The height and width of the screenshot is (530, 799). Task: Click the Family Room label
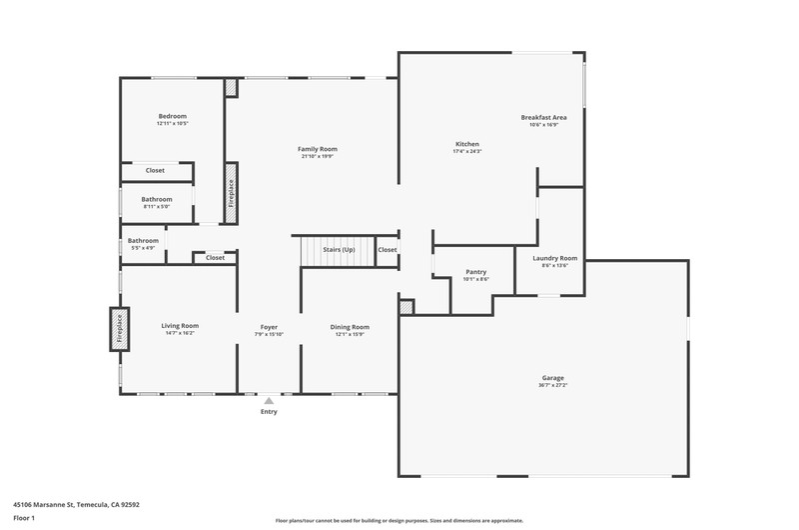pyautogui.click(x=318, y=149)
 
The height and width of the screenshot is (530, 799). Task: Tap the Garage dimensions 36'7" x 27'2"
pyautogui.click(x=553, y=385)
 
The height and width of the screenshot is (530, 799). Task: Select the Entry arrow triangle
pyautogui.click(x=269, y=400)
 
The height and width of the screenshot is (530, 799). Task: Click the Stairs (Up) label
pyautogui.click(x=339, y=249)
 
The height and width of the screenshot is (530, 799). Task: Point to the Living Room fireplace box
pyautogui.click(x=120, y=329)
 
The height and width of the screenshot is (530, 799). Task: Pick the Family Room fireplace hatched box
pyautogui.click(x=232, y=193)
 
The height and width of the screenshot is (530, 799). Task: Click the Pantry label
pyautogui.click(x=476, y=272)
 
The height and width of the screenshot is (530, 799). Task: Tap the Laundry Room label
pyautogui.click(x=555, y=258)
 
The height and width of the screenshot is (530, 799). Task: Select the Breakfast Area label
pyautogui.click(x=543, y=117)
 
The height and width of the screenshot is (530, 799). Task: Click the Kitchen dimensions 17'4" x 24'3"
pyautogui.click(x=467, y=152)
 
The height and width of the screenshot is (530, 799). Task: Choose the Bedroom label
pyautogui.click(x=172, y=116)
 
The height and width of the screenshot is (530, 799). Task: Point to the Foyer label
pyautogui.click(x=269, y=327)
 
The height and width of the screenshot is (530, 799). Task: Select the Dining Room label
pyautogui.click(x=350, y=327)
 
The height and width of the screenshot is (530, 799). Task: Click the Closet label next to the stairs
pyautogui.click(x=388, y=249)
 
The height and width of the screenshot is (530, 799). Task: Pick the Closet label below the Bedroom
pyautogui.click(x=155, y=170)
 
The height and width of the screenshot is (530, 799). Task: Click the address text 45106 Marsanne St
pyautogui.click(x=44, y=504)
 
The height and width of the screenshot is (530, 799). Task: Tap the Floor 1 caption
pyautogui.click(x=24, y=518)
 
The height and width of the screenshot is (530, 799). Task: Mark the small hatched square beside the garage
pyautogui.click(x=406, y=307)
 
